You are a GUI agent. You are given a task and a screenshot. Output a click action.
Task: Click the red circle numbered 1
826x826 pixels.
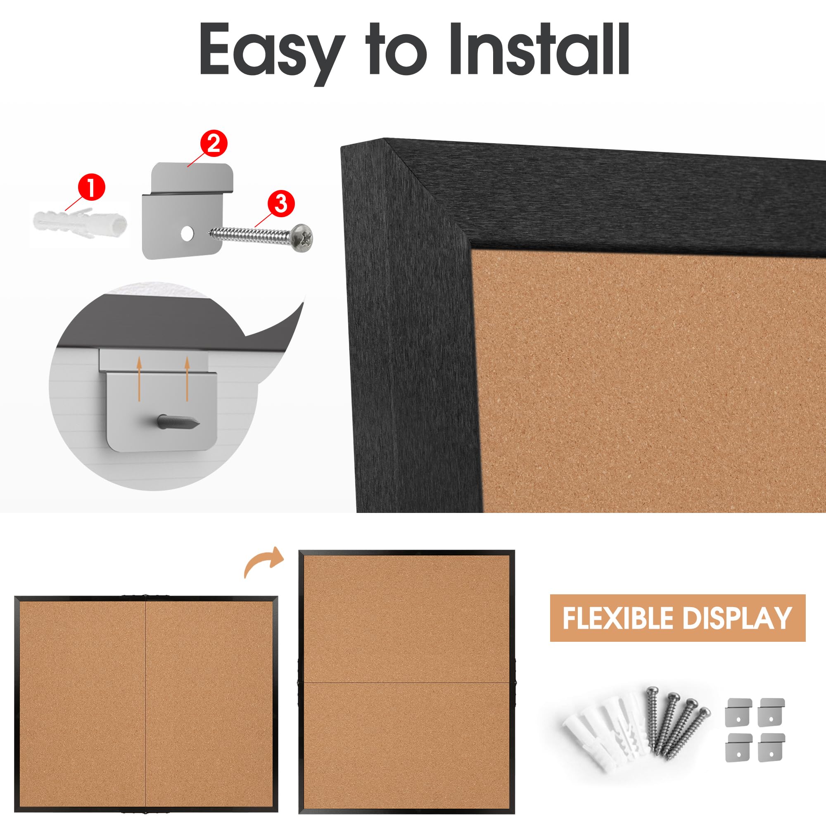(91, 188)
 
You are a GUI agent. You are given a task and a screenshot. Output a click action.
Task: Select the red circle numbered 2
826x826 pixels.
(213, 144)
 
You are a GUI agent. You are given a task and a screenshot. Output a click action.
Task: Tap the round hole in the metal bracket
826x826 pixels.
(186, 233)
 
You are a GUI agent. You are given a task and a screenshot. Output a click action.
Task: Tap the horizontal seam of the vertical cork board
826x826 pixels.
(406, 682)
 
